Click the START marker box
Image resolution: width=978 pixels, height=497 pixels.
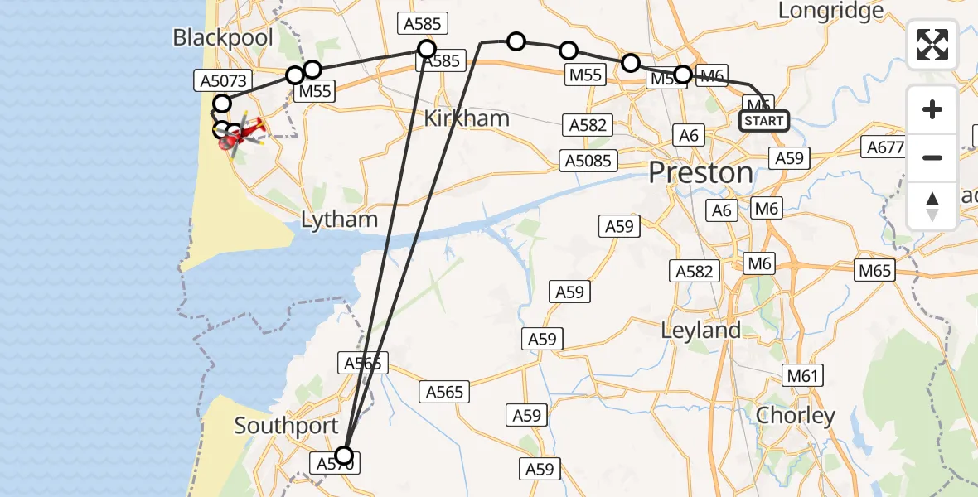click(x=763, y=121)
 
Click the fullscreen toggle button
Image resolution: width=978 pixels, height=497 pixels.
click(x=932, y=45)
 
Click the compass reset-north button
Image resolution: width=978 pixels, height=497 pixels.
click(x=932, y=206)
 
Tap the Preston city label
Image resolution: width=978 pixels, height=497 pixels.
click(x=700, y=173)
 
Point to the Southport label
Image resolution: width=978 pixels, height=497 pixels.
click(x=286, y=426)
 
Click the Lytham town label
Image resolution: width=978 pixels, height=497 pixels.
click(x=339, y=220)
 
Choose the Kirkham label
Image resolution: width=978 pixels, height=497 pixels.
click(x=466, y=118)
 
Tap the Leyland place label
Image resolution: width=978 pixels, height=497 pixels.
click(x=700, y=330)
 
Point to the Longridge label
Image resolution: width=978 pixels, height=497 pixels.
click(x=831, y=12)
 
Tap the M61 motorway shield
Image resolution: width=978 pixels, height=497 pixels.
click(x=802, y=376)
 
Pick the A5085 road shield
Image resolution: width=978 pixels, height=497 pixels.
click(x=589, y=160)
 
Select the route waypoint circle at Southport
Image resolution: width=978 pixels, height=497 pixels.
click(x=343, y=455)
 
